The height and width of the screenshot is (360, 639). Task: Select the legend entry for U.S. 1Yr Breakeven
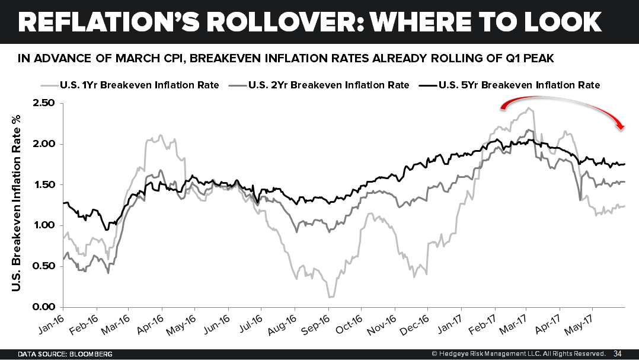(139, 85)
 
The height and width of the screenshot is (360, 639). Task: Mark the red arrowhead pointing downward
(621, 125)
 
